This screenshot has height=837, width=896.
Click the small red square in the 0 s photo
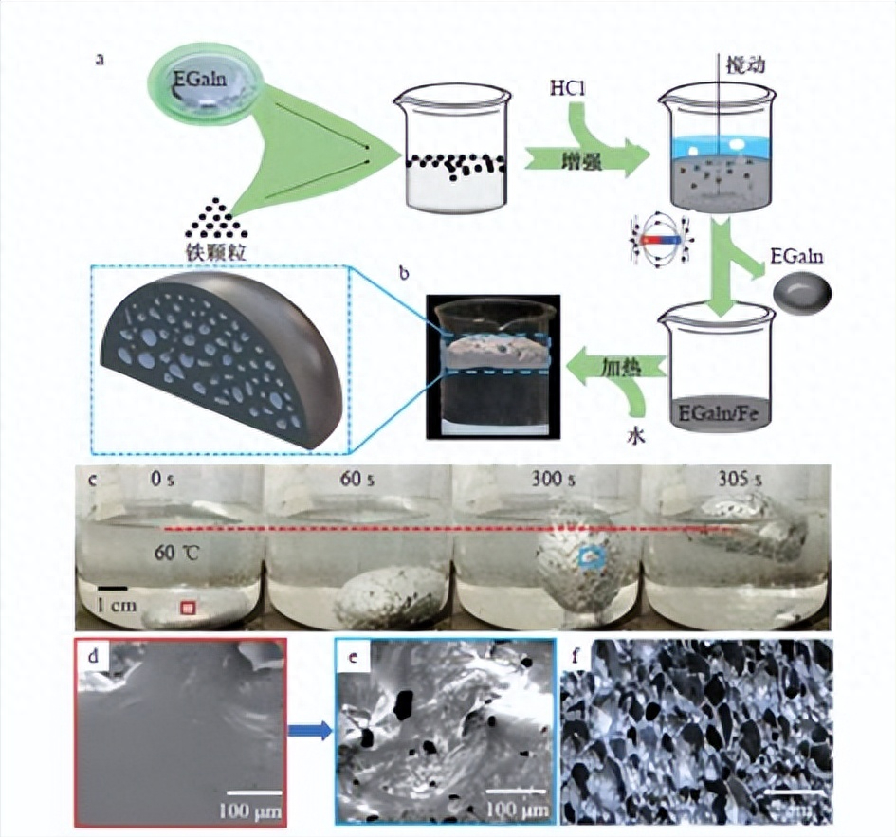click(x=188, y=606)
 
